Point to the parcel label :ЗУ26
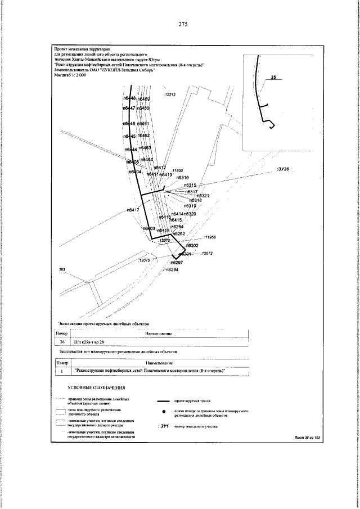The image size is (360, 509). [282, 169]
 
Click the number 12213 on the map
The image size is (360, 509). [170, 95]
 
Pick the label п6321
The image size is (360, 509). [203, 196]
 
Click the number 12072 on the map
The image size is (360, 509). [207, 254]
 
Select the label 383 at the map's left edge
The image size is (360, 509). [62, 271]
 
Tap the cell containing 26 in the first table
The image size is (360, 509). [62, 341]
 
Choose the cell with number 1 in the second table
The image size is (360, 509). [62, 371]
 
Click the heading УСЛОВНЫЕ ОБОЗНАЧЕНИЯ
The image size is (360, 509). [96, 388]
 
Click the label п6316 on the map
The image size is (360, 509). [182, 178]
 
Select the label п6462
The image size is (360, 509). [143, 136]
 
